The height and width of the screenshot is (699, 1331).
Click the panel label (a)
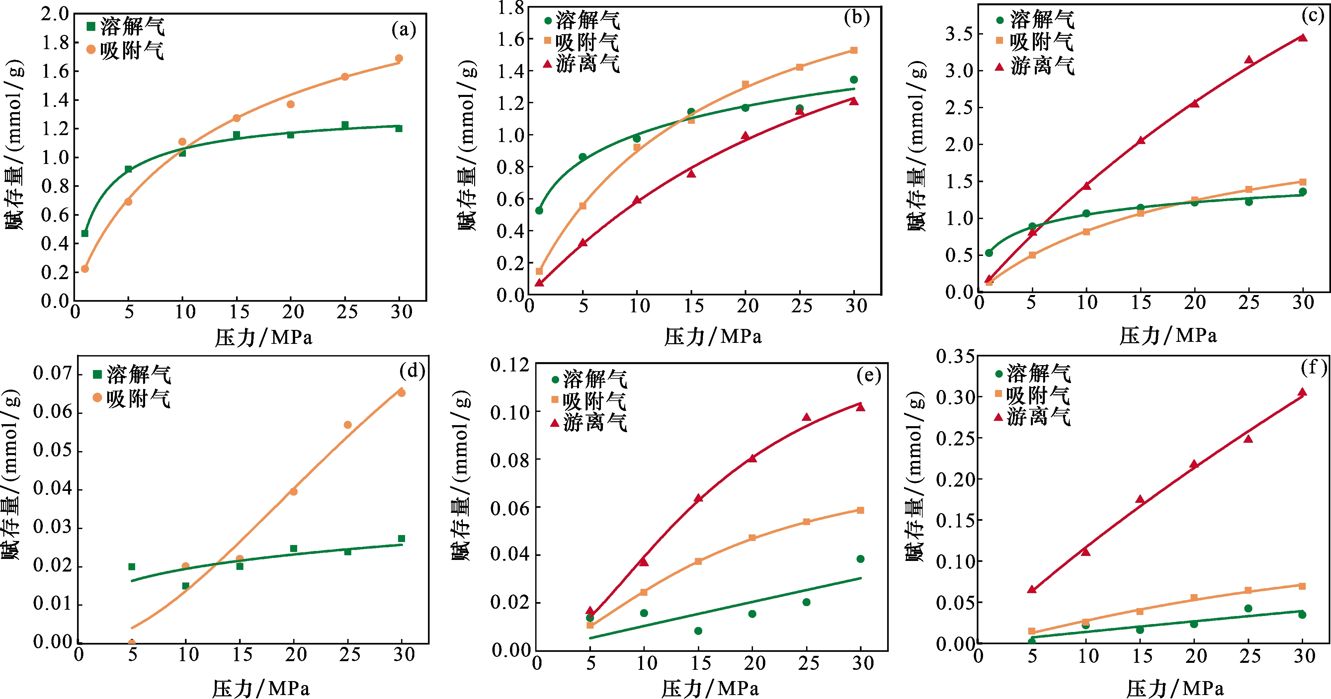403,30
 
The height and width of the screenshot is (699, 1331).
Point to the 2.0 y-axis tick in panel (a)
55,14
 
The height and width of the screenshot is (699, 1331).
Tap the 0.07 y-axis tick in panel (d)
52,373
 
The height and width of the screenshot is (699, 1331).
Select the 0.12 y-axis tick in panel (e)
510,365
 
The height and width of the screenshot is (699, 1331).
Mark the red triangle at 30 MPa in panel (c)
1302,37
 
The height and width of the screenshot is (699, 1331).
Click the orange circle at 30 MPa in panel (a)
399,58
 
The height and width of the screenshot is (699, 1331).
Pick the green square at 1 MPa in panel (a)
85,234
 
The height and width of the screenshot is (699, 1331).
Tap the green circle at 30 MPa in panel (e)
860,559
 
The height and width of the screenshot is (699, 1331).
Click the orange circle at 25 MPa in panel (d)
348,425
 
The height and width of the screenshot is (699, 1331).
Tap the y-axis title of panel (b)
467,145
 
